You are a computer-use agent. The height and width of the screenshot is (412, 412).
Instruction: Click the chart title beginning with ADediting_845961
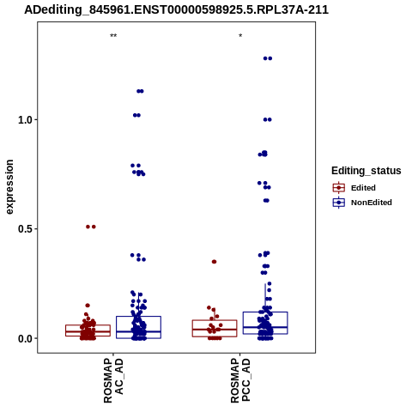[x=176, y=9]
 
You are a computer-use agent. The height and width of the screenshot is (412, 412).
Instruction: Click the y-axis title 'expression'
[x=9, y=187]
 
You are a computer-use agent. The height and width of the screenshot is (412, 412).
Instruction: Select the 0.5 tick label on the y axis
[x=24, y=229]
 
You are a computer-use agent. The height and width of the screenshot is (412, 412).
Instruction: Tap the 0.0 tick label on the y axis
[x=24, y=338]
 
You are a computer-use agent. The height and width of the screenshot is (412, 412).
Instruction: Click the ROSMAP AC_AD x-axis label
[x=113, y=381]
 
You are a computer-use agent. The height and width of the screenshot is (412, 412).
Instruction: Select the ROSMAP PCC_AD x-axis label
[x=240, y=381]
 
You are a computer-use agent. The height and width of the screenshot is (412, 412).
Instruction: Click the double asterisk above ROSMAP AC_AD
[x=113, y=36]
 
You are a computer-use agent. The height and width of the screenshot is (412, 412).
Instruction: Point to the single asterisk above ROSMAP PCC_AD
[x=240, y=36]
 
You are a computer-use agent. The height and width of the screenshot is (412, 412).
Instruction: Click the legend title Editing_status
[x=367, y=171]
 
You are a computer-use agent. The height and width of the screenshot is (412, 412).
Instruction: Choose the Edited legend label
[x=363, y=188]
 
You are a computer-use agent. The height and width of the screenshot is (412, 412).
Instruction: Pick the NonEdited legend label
[x=372, y=203]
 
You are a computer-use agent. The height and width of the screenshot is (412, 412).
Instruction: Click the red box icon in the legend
[x=339, y=188]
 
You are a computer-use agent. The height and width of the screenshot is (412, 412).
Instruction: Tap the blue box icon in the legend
[x=339, y=203]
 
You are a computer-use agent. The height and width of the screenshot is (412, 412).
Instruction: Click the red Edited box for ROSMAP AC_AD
[x=88, y=325]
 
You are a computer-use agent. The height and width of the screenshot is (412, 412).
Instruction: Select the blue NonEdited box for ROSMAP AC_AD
[x=138, y=317]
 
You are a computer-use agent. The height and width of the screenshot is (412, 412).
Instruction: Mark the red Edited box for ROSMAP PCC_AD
[x=215, y=320]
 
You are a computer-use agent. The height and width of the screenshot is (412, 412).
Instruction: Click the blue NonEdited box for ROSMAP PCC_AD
[x=265, y=312]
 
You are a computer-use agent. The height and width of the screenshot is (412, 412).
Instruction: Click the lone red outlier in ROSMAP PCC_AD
[x=214, y=262]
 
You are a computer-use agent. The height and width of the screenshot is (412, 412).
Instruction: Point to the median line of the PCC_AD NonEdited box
[x=265, y=327]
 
